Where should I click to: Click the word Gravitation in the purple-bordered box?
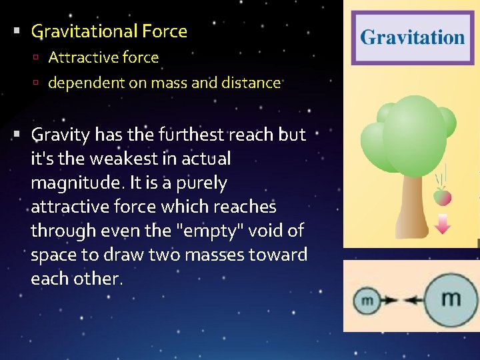412,37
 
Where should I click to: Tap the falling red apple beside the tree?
442,197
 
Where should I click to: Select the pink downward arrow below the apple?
442,225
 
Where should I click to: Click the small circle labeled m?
367,301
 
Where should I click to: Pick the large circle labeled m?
450,299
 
